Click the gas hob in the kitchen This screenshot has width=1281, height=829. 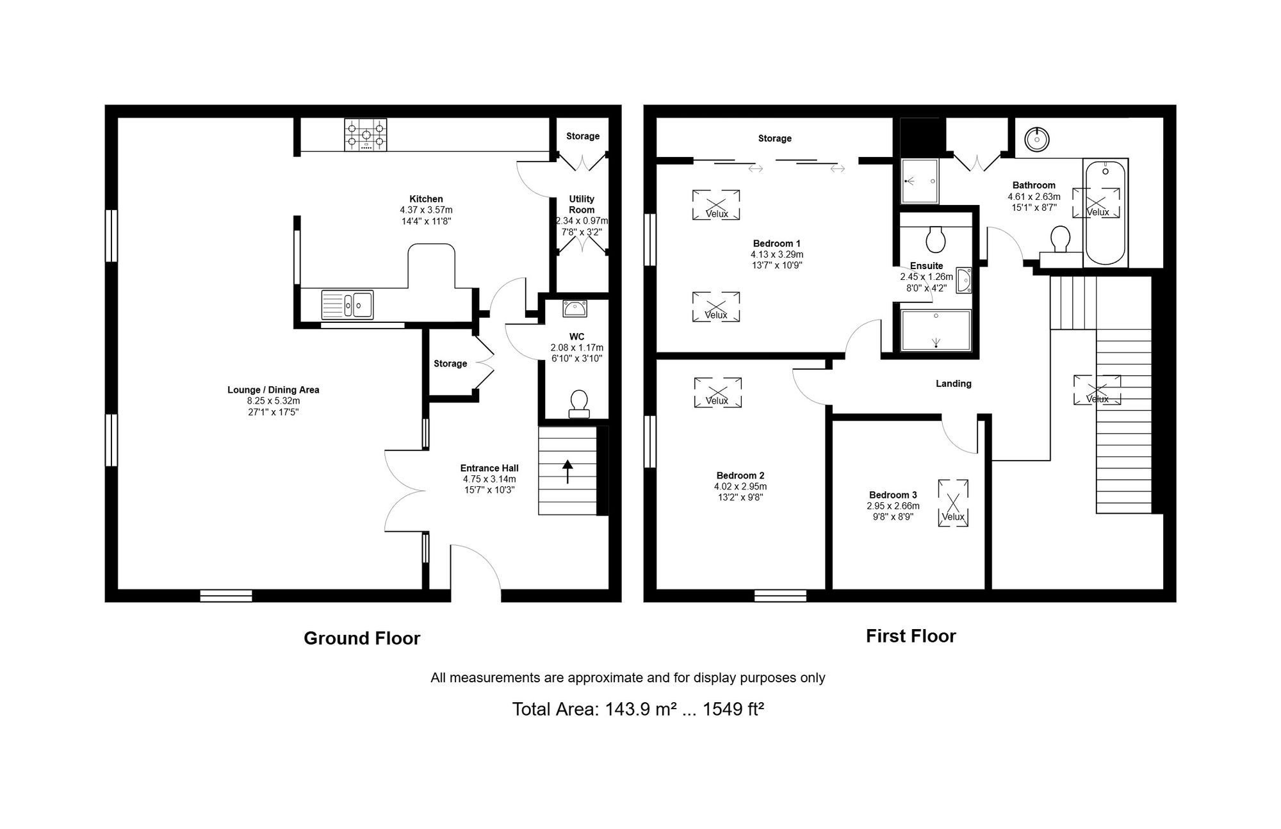pyautogui.click(x=366, y=135)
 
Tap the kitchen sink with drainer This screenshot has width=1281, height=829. pyautogui.click(x=347, y=304)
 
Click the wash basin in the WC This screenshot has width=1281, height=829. pyautogui.click(x=575, y=309)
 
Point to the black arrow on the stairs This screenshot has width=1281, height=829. pyautogui.click(x=567, y=471)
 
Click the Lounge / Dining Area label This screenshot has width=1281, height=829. pyautogui.click(x=273, y=390)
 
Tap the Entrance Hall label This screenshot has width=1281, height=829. pyautogui.click(x=489, y=468)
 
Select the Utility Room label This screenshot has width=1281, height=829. pyautogui.click(x=582, y=204)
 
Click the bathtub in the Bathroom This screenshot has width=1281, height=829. pyautogui.click(x=1106, y=213)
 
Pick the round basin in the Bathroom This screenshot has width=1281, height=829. pyautogui.click(x=1035, y=138)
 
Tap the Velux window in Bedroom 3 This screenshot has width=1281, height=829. pyautogui.click(x=953, y=503)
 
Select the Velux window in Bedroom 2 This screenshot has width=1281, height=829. pyautogui.click(x=717, y=392)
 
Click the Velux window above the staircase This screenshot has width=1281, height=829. pyautogui.click(x=1097, y=390)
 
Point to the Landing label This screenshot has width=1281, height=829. pyautogui.click(x=954, y=384)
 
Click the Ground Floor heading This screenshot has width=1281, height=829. pyautogui.click(x=362, y=638)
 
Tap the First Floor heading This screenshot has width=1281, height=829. pyautogui.click(x=911, y=636)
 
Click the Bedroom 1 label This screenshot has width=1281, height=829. pyautogui.click(x=777, y=243)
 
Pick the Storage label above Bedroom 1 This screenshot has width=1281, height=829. pyautogui.click(x=775, y=138)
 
